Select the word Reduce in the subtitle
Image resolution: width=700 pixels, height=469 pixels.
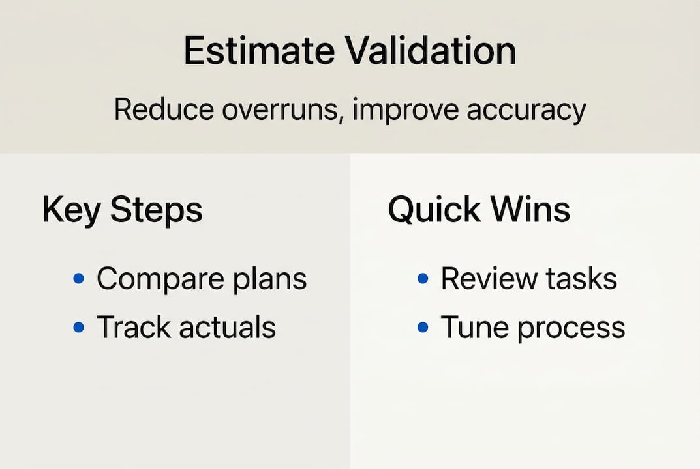coord(164,109)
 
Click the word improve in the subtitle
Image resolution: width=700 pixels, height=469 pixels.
coord(405,111)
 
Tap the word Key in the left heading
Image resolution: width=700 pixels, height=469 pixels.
coord(71,210)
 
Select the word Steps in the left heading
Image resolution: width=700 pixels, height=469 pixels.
coord(157,209)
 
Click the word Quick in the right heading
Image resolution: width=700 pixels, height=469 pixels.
coord(434,209)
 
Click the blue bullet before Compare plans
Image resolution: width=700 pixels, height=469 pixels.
coord(78,279)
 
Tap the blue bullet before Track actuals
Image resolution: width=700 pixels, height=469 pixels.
coord(78,327)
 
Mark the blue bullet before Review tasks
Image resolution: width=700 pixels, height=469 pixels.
coord(423,279)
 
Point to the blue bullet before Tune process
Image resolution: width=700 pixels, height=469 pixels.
coord(423,327)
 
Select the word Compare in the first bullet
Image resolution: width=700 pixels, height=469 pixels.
coord(160,279)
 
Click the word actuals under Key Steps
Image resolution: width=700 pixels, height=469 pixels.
coord(228,327)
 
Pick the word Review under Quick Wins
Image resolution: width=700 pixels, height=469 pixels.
coord(489,279)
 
